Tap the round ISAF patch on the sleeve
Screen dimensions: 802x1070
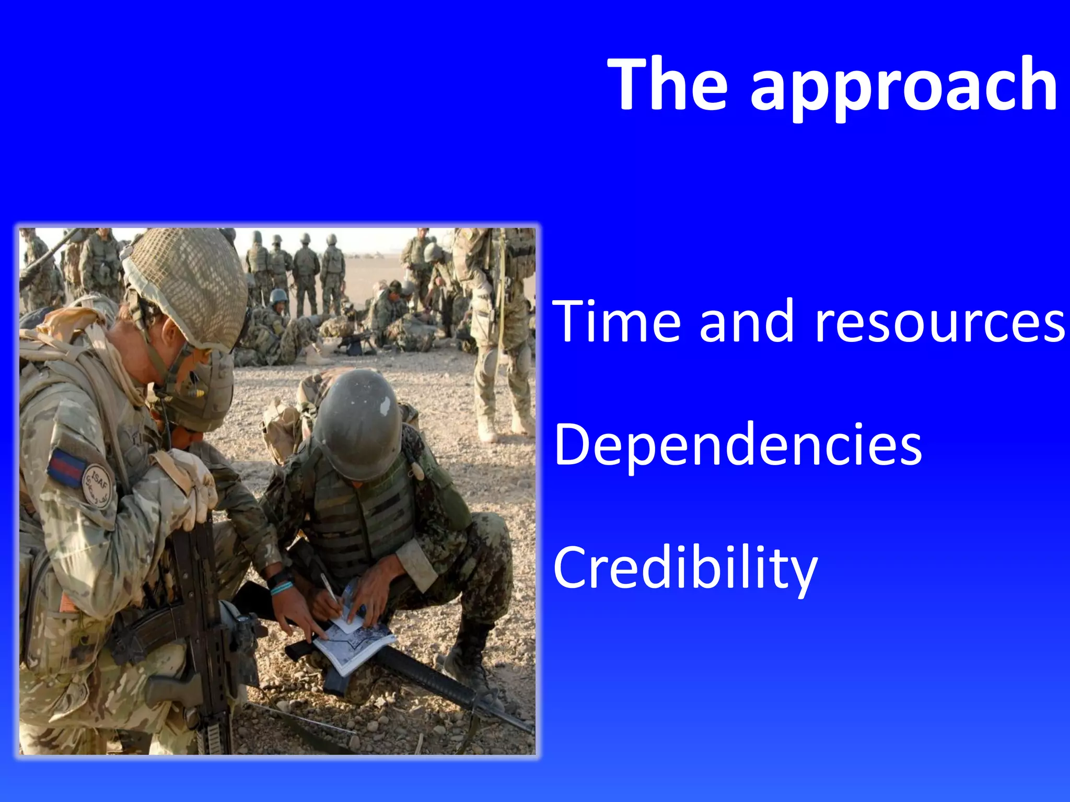98,486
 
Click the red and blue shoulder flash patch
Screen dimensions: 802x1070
66,466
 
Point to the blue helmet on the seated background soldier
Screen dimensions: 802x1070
278,297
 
